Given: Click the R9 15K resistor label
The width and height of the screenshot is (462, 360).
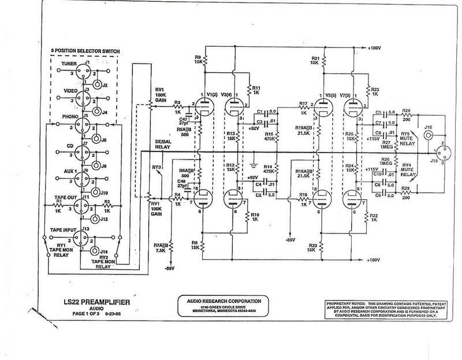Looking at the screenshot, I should pos(199,59).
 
